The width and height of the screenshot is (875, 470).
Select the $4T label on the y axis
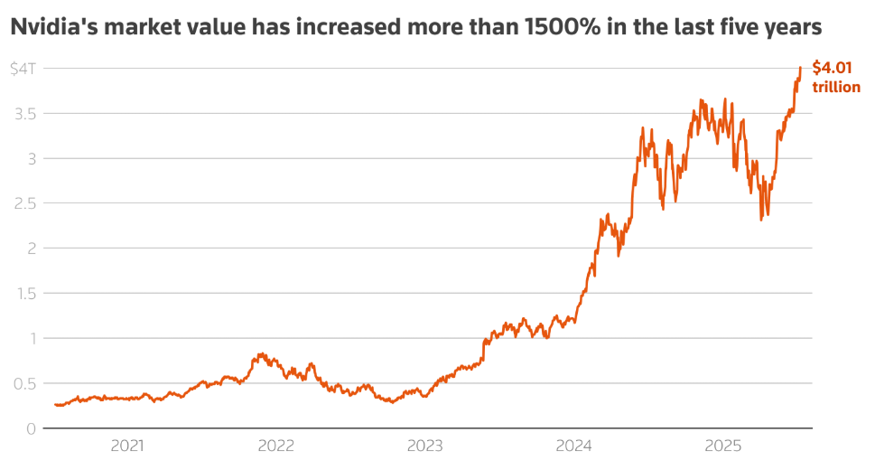pos(23,69)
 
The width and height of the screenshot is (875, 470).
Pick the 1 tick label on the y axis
pos(32,338)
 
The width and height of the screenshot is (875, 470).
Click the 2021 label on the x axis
pos(127,446)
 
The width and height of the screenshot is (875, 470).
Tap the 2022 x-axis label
pos(276,446)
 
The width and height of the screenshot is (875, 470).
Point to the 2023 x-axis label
pos(424,446)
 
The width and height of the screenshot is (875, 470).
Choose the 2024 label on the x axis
pos(573,446)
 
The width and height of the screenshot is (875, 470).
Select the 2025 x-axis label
pos(722,446)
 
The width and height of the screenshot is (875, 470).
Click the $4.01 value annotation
pos(831,68)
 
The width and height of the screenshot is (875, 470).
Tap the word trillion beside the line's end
pos(836,87)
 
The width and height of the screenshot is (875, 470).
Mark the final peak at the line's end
pos(800,68)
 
